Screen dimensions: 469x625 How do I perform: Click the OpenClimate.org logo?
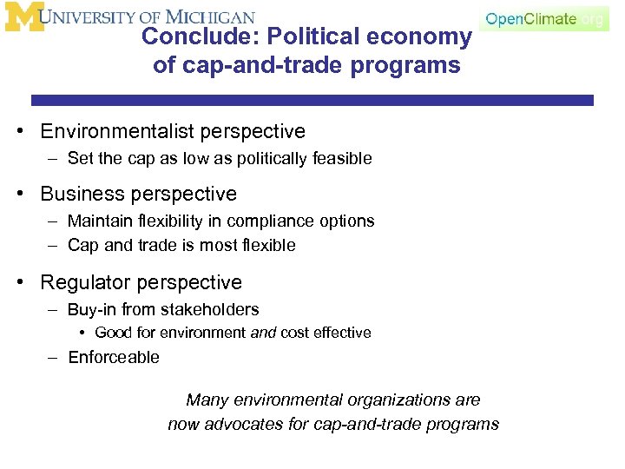coord(544,18)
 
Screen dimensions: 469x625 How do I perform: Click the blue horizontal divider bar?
coord(312,101)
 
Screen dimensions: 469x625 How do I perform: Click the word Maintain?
coord(100,221)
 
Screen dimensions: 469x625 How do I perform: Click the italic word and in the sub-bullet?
coord(263,334)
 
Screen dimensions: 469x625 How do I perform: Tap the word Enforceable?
coord(114,358)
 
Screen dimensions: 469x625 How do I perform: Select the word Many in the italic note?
coord(205,400)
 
